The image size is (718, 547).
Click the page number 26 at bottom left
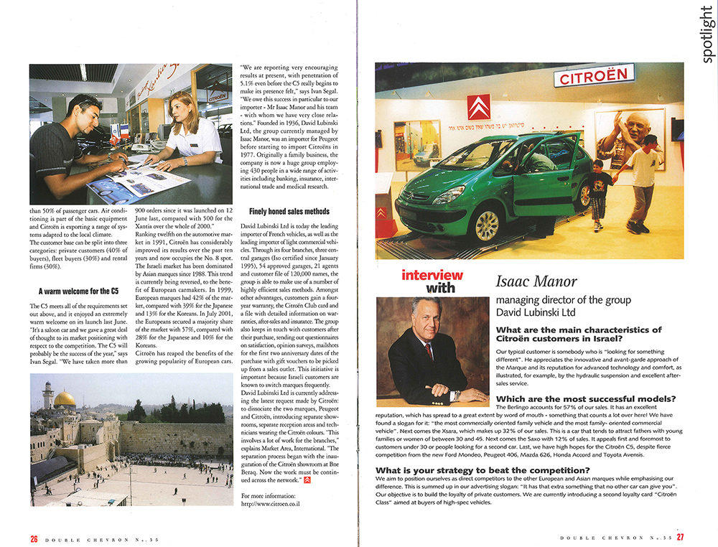tap(33, 538)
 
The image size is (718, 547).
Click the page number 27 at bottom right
tap(679, 537)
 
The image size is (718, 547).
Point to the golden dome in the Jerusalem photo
tap(65, 399)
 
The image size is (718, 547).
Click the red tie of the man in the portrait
tap(429, 352)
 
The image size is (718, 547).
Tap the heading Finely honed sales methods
tap(289, 211)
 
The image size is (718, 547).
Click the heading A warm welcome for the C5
tap(78, 291)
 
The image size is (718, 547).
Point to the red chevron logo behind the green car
tap(479, 107)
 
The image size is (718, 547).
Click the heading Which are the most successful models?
tap(586, 398)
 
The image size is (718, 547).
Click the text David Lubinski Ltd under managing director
tap(540, 313)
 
